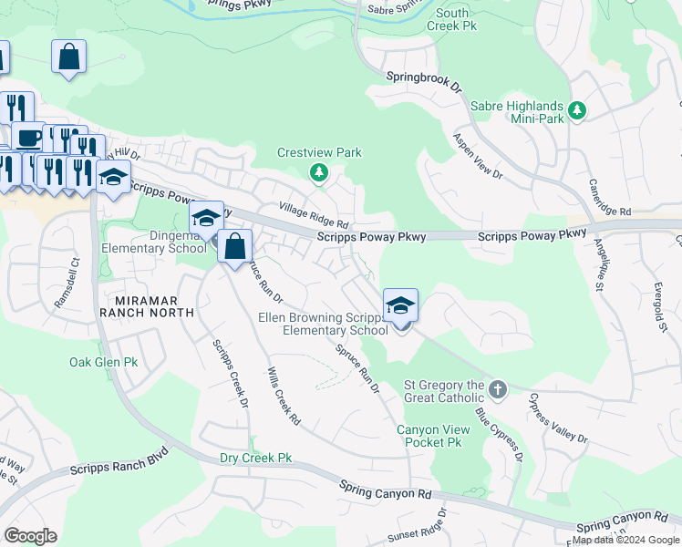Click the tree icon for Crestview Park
point(318,171)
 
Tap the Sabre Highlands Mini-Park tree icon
point(576,111)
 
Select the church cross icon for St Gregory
point(497,390)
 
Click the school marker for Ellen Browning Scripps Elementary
point(400,307)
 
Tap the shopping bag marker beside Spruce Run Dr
point(235,246)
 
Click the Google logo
point(30,536)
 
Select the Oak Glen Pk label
point(104,362)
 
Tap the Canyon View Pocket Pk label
point(429,436)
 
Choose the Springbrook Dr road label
point(425,79)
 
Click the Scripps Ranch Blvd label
point(119,461)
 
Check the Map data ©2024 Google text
point(625,540)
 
